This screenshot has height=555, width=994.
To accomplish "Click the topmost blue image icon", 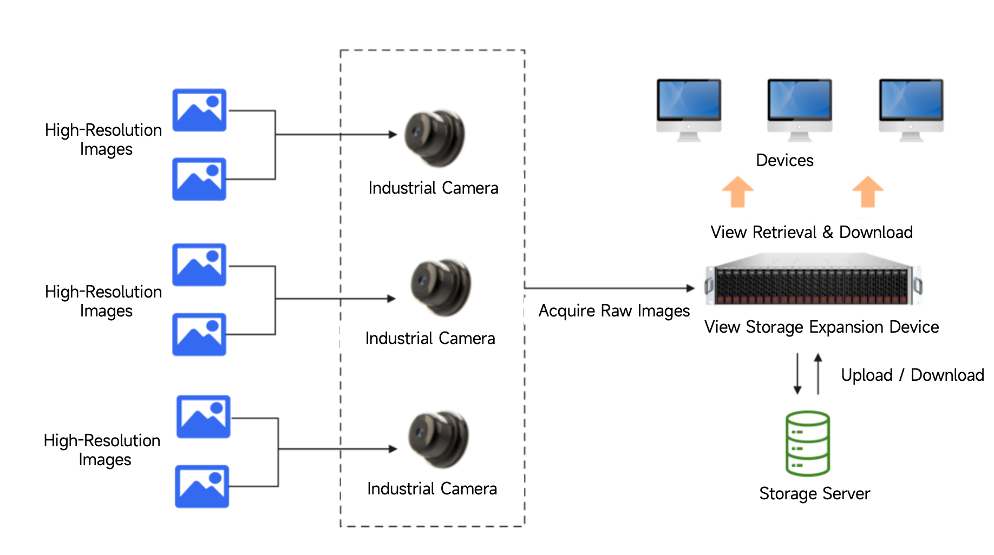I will pos(199,110).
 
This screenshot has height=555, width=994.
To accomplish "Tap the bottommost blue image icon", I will pos(202,486).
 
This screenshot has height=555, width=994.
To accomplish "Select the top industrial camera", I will pos(435,138).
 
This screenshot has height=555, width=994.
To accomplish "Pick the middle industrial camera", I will pos(441,287).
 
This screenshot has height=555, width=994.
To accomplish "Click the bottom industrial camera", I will pos(439,439).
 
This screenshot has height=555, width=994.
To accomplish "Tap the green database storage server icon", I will pos(807,444).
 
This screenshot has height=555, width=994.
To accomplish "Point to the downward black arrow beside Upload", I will pos(797,374).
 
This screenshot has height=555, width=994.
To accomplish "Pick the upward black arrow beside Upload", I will pos(818,373).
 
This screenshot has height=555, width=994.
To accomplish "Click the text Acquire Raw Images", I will pos(614,311).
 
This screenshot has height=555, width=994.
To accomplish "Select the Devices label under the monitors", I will pos(784,161).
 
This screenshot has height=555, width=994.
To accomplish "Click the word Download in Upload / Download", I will pos(947,375).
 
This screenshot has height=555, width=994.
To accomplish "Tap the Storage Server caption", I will pos(814,493).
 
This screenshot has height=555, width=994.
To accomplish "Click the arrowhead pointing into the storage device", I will pos(690,288).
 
